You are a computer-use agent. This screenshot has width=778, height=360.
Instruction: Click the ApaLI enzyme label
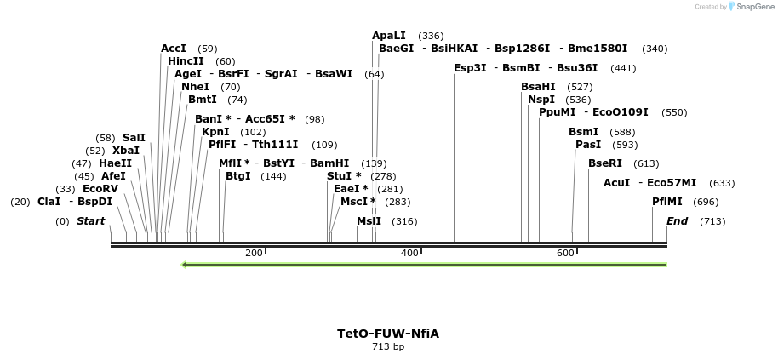[389, 36]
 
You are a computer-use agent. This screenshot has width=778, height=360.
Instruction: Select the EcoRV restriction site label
[100, 189]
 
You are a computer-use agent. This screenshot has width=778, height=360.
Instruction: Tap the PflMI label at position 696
[667, 202]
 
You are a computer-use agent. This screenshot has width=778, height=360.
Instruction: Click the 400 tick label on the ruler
[410, 254]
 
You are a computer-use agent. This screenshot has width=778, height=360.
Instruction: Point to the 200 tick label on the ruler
[254, 254]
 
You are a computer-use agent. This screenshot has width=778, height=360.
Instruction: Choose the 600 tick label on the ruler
[565, 254]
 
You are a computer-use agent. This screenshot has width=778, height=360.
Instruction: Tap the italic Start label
[90, 221]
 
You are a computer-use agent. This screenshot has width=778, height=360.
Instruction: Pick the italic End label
[677, 221]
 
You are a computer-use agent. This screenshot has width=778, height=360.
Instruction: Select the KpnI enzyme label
[215, 132]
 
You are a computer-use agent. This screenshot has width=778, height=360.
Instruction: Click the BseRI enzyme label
[605, 163]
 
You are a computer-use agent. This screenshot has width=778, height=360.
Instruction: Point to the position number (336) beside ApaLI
[431, 36]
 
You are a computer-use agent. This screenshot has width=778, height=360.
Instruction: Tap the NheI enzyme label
[195, 87]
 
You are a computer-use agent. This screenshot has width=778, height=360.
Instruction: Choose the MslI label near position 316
[369, 221]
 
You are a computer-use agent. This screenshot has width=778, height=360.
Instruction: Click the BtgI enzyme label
[238, 176]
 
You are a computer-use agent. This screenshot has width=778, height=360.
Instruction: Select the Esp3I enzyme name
[470, 68]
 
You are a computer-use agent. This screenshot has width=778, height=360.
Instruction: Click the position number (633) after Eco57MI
[722, 183]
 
